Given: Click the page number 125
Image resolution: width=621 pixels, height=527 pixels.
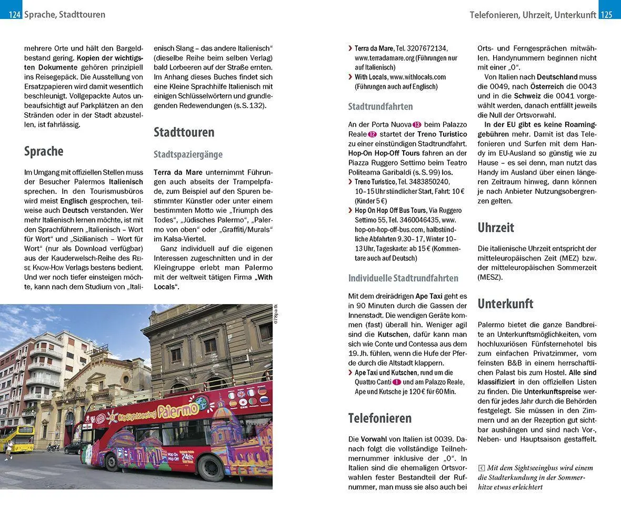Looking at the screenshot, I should coord(606,15).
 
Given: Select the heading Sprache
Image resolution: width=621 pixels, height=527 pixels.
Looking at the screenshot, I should coord(44,151).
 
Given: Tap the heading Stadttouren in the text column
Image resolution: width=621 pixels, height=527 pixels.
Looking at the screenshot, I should coord(184,132).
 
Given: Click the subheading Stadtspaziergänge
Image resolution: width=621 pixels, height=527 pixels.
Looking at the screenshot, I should coord(188,154).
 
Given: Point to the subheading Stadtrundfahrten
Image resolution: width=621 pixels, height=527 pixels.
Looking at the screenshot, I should coord(380,106).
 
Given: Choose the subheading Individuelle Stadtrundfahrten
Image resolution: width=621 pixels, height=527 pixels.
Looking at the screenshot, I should coord(403,278).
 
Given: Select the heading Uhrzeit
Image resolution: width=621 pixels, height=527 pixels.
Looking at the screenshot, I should coord(496,228).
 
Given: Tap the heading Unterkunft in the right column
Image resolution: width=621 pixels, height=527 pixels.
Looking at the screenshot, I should coord(505,304).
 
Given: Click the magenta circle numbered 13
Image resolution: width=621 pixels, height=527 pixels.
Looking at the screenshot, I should coord(417,124).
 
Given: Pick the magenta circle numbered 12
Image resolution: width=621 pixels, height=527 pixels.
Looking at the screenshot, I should coord(372,134).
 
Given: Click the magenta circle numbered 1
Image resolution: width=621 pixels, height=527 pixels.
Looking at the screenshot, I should coord(397,382).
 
